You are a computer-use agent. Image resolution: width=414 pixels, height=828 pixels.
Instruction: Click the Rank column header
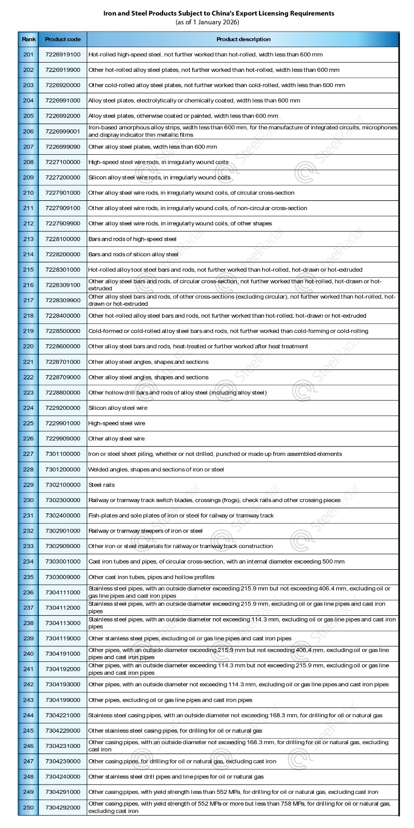(28, 39)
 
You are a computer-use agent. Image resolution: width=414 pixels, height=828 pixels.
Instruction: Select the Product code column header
(63, 39)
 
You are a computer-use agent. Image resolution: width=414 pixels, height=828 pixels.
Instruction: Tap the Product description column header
(243, 39)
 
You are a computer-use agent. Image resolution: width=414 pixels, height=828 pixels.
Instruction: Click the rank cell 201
(28, 54)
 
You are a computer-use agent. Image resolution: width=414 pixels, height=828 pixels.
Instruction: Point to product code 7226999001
(63, 131)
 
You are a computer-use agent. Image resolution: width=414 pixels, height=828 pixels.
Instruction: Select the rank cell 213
(28, 239)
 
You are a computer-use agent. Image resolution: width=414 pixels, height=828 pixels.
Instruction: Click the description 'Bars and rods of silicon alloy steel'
(133, 255)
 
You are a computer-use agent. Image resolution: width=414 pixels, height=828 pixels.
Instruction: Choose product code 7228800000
(63, 393)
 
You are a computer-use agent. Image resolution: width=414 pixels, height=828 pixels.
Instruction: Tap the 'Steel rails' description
(102, 485)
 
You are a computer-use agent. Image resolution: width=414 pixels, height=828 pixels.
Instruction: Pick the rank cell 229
(28, 485)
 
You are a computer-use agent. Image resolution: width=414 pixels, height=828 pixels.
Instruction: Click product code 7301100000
(63, 454)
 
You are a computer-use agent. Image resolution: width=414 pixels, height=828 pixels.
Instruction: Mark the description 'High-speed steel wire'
(117, 423)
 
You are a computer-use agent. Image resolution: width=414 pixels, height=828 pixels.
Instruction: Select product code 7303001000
(63, 561)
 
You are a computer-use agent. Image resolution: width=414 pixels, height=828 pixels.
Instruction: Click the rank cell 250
(28, 807)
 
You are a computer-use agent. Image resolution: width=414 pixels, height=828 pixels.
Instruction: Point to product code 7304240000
(63, 777)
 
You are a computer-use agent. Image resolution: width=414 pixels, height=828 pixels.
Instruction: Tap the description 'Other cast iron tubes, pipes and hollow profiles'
(151, 577)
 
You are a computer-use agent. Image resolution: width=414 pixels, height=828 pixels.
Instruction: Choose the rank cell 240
(28, 654)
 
